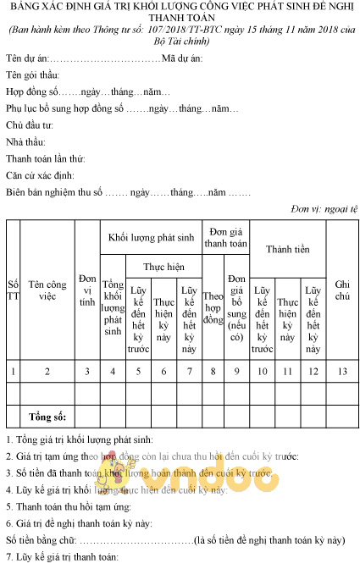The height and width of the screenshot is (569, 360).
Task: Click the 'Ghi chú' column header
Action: [x=342, y=290]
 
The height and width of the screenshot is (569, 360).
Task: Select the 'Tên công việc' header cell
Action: [x=47, y=290]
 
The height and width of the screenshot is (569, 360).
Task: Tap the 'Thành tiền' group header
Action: [x=287, y=250]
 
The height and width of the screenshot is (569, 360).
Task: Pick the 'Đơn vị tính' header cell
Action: [x=87, y=290]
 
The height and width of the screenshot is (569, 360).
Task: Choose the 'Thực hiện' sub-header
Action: [x=163, y=266]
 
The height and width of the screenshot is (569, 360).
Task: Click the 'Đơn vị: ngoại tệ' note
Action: [x=324, y=208]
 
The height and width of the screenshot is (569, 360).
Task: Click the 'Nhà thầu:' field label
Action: [x=26, y=141]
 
